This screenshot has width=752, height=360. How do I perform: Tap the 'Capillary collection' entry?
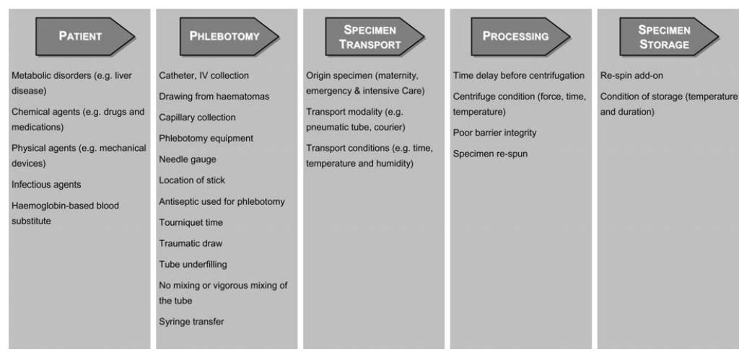tap(197, 118)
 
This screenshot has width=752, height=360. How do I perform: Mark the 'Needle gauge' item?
tap(187, 159)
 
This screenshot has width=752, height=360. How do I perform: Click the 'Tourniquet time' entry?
tap(191, 222)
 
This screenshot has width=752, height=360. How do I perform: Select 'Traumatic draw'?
tap(190, 244)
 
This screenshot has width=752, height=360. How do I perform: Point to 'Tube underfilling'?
tap(192, 265)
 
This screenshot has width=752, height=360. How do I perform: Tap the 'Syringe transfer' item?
tap(191, 322)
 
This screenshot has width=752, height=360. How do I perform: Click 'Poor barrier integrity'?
tap(494, 133)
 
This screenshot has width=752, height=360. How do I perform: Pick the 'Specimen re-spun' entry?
tap(490, 154)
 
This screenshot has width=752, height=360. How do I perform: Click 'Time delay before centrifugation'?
tap(518, 76)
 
